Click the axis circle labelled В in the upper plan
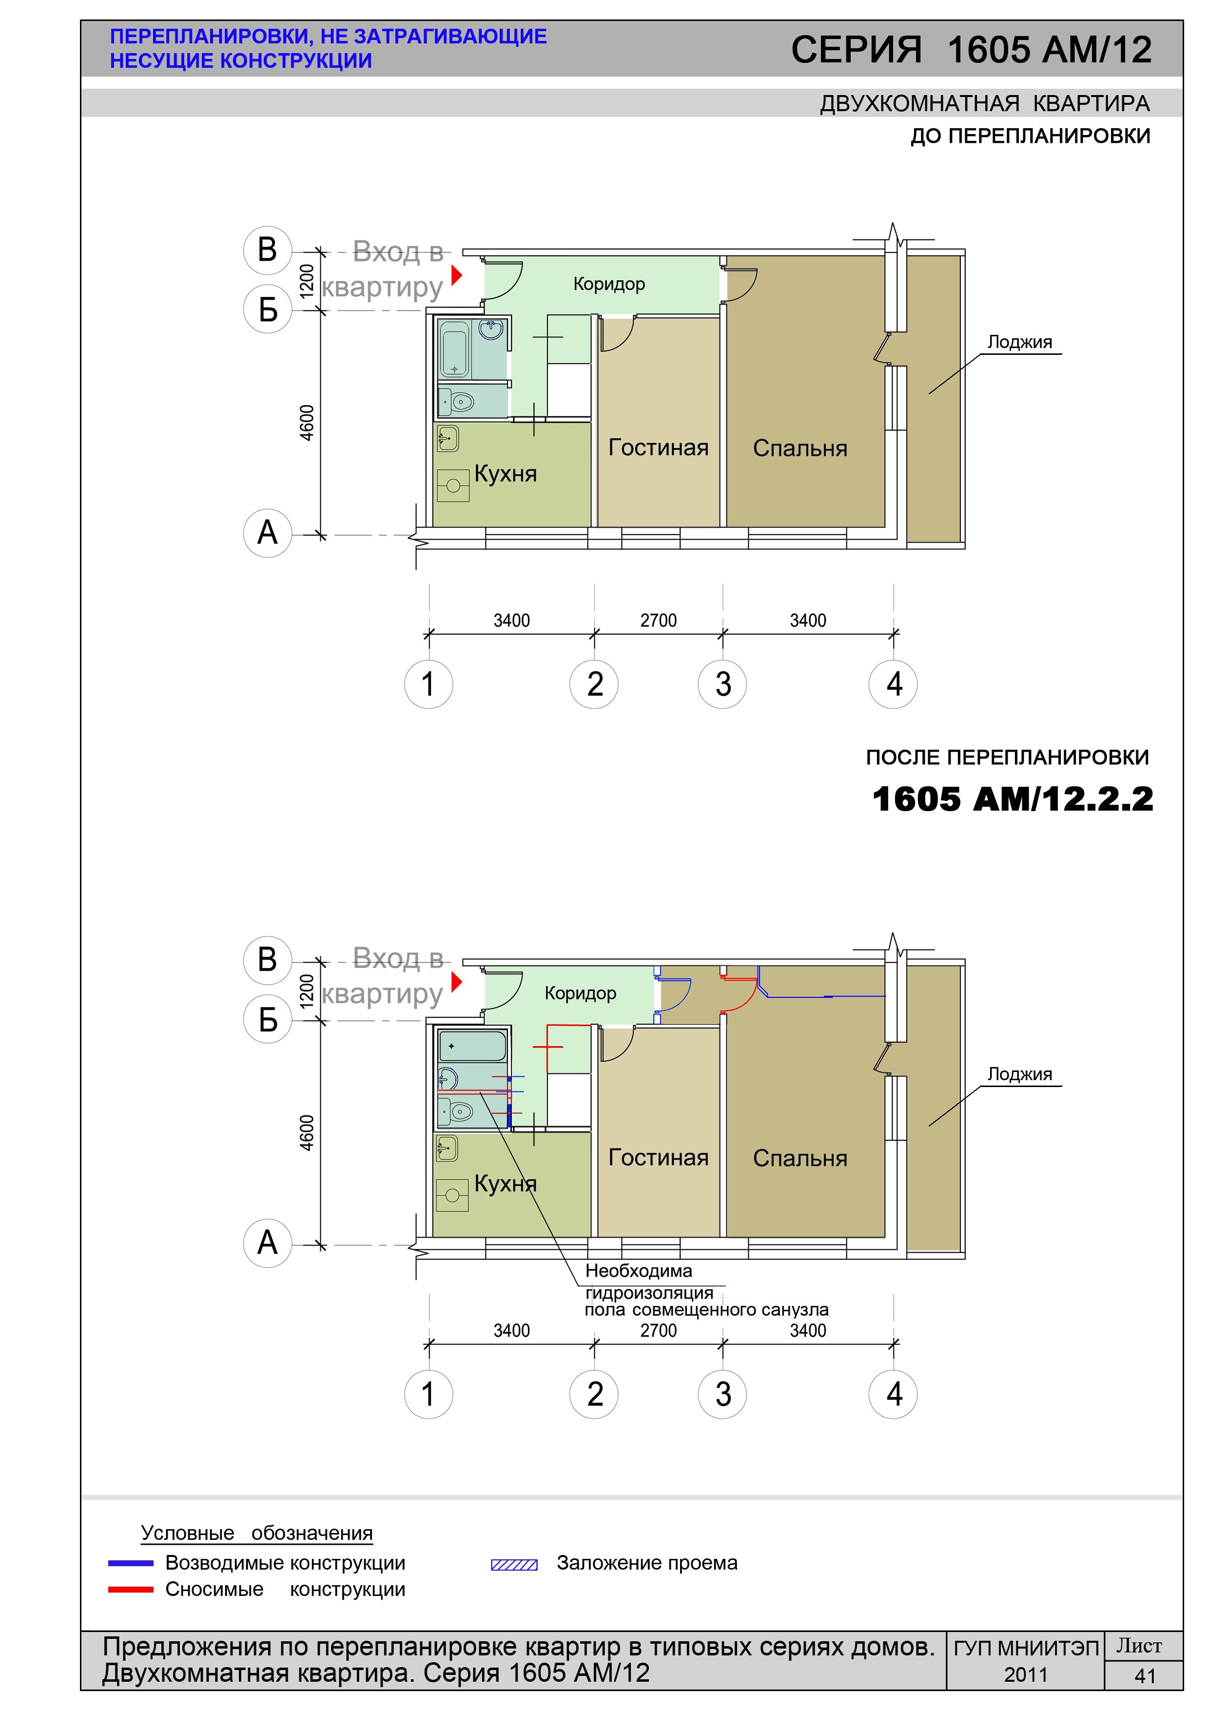268,250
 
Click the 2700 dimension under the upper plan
659,621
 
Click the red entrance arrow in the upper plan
457,275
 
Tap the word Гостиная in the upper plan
659,447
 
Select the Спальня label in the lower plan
800,1158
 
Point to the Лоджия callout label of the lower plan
1020,1074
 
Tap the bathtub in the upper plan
455,350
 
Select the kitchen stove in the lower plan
452,1195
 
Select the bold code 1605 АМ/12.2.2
1013,799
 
